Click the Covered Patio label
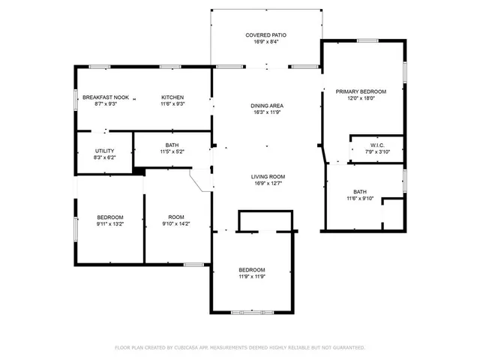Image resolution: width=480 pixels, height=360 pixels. click(x=266, y=35)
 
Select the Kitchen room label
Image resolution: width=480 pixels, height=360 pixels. click(x=173, y=97)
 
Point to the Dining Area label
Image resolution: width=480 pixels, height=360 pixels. click(x=266, y=106)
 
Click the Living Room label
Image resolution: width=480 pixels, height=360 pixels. click(x=268, y=176)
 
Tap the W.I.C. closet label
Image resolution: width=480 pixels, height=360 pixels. click(x=377, y=145)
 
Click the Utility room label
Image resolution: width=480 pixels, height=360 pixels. click(x=104, y=151)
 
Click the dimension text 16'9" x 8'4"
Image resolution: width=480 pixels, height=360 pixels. click(x=266, y=42)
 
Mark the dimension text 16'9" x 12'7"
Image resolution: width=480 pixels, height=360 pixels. click(x=268, y=183)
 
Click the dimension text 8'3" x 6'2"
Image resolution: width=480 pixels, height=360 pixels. click(x=104, y=157)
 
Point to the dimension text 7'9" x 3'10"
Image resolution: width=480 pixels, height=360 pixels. click(x=377, y=151)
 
